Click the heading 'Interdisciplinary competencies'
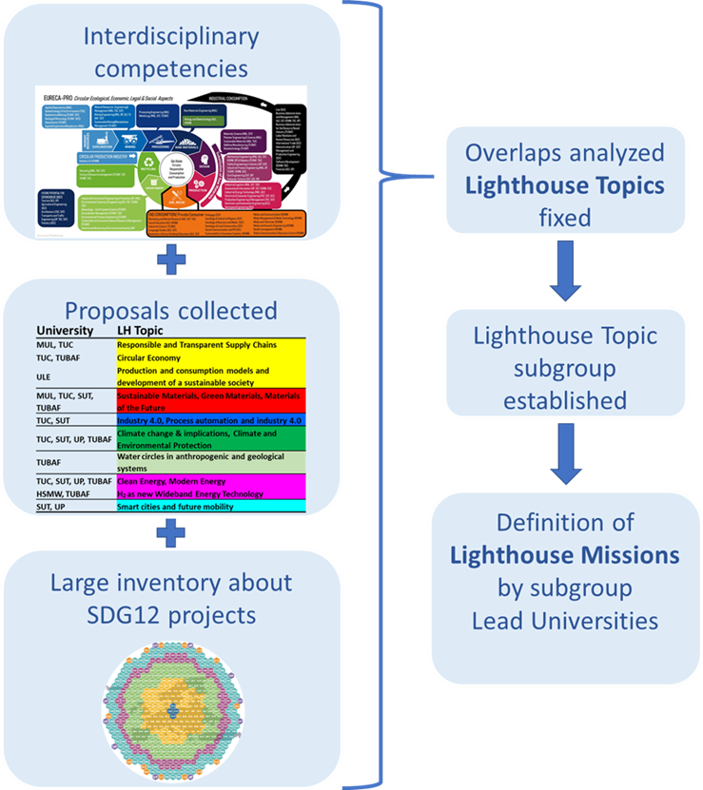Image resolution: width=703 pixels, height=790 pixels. tap(171, 54)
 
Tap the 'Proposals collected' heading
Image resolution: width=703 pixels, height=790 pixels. tap(171, 311)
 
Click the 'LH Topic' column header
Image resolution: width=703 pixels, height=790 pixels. tap(144, 329)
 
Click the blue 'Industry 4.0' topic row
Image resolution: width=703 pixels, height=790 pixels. tap(209, 419)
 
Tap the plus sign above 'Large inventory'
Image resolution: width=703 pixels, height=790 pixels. tap(171, 534)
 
